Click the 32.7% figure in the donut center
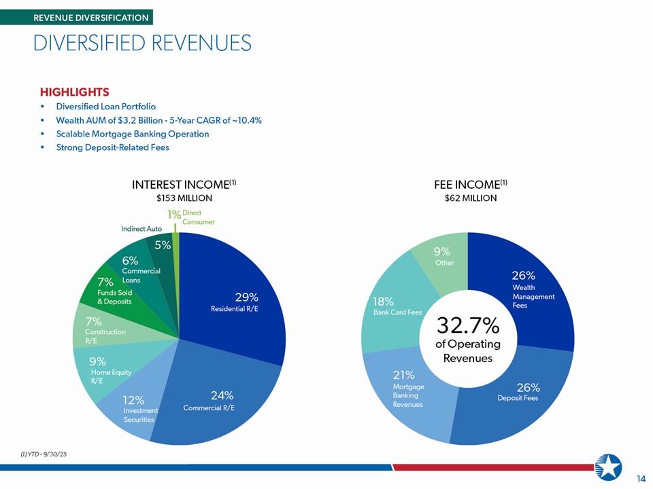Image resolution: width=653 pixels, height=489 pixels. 467,326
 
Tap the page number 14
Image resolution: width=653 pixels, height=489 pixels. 640,479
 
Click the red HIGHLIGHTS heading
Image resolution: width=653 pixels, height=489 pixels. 75,92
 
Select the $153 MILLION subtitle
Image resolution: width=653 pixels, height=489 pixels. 184,198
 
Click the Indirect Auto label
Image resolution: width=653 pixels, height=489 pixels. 141,229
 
